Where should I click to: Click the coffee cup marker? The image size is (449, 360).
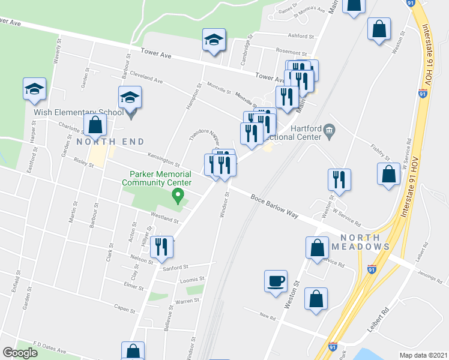coord(276,281)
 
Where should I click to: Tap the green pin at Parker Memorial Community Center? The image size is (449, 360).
coord(177,196)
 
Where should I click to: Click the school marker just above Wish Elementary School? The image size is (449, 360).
coord(130,97)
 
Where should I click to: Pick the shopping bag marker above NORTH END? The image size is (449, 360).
coord(95,125)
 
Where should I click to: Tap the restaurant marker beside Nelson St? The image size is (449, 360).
coord(161,247)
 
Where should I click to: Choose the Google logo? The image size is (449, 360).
coord(20,352)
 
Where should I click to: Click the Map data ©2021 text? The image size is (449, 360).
coord(423,355)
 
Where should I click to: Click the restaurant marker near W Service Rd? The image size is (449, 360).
coord(339,180)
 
